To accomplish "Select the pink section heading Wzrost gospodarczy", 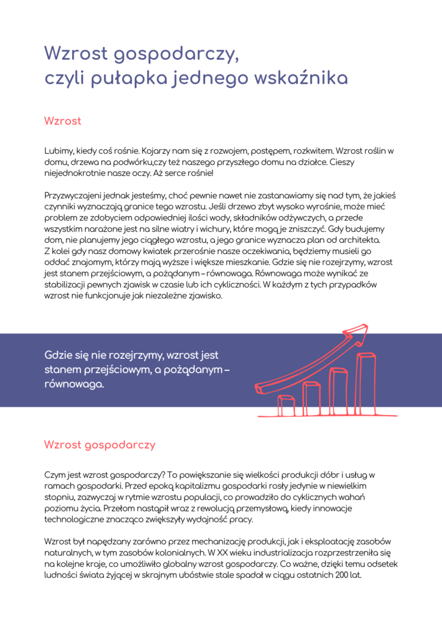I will [x=100, y=444].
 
